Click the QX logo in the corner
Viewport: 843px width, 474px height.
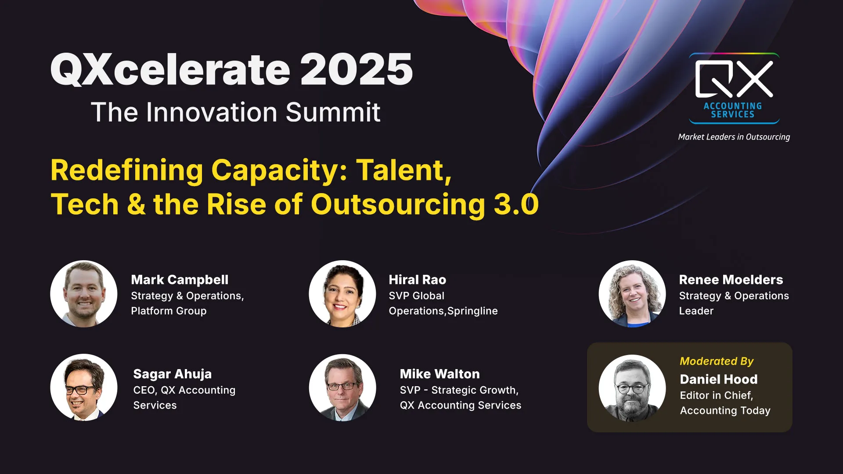734,88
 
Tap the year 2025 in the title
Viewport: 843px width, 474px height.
357,69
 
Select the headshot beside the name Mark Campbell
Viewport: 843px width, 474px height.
84,294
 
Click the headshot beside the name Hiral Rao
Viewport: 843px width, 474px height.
342,294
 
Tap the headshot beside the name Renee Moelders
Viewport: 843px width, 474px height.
632,294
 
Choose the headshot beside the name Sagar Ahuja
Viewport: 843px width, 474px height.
84,388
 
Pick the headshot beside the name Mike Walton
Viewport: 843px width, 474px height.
342,388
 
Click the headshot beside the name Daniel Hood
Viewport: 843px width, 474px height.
632,388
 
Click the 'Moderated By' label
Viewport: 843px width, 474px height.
717,361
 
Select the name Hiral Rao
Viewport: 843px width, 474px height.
418,280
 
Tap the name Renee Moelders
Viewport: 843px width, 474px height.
731,280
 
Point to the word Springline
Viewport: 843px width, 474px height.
472,311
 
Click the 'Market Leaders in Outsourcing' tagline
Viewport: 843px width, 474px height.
734,137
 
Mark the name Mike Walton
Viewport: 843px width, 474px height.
440,374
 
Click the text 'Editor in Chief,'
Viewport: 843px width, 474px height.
717,395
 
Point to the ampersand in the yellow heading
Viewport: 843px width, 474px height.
136,205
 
